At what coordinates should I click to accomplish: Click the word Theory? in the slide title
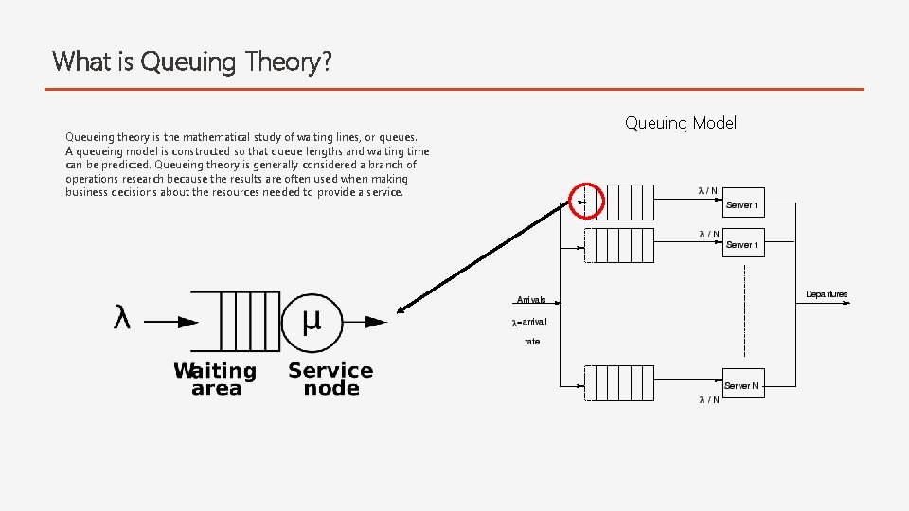tap(288, 62)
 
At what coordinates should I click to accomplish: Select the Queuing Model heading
tap(680, 123)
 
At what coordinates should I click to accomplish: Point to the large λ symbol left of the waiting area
tap(122, 319)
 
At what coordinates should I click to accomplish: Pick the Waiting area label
tap(215, 379)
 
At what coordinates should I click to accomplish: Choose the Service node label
tap(330, 379)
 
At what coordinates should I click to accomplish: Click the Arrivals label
tap(530, 300)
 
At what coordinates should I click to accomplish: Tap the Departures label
tap(827, 294)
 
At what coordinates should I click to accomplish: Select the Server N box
tap(743, 385)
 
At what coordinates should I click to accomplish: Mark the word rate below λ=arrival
tap(532, 342)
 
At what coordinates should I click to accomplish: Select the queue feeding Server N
tap(615, 382)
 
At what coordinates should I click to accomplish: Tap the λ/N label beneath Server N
tap(708, 399)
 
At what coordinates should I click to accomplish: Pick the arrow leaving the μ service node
tap(365, 322)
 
